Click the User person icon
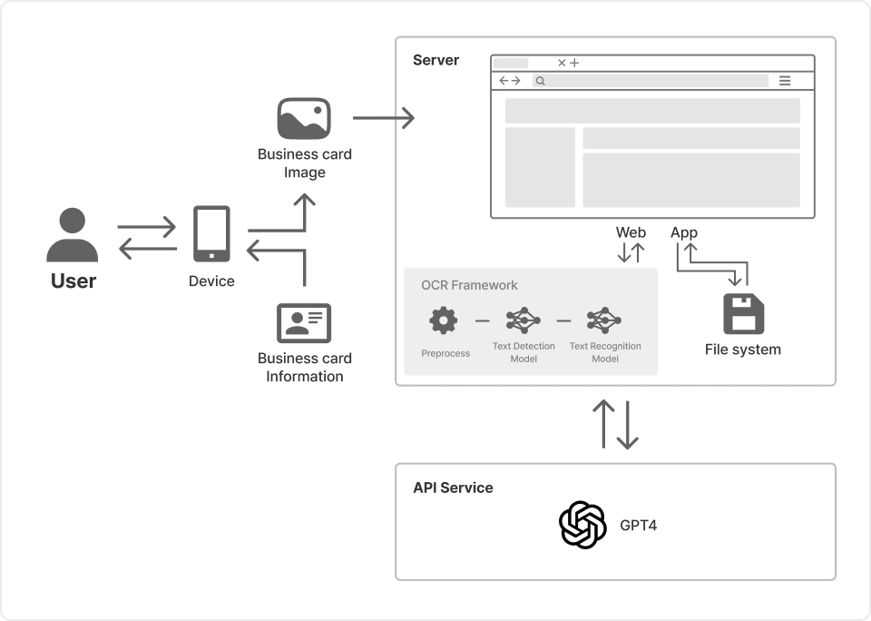pyautogui.click(x=72, y=235)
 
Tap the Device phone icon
pyautogui.click(x=211, y=234)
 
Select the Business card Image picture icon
pyautogui.click(x=304, y=119)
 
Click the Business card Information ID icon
pyautogui.click(x=304, y=323)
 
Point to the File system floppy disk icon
pyautogui.click(x=743, y=314)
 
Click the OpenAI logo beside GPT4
pyautogui.click(x=582, y=525)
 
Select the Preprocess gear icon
pyautogui.click(x=444, y=320)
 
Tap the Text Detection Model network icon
pyautogui.click(x=524, y=320)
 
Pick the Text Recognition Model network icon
pyautogui.click(x=604, y=320)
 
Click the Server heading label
pyautogui.click(x=436, y=61)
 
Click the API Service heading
pyautogui.click(x=453, y=488)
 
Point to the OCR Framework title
pyautogui.click(x=469, y=285)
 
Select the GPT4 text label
pyautogui.click(x=639, y=525)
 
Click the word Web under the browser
pyautogui.click(x=631, y=232)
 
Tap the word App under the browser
pyautogui.click(x=684, y=232)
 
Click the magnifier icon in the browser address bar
pyautogui.click(x=540, y=81)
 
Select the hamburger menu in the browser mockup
pyautogui.click(x=785, y=81)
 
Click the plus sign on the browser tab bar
pyautogui.click(x=574, y=63)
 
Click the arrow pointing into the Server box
pyautogui.click(x=384, y=118)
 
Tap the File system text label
pyautogui.click(x=742, y=350)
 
